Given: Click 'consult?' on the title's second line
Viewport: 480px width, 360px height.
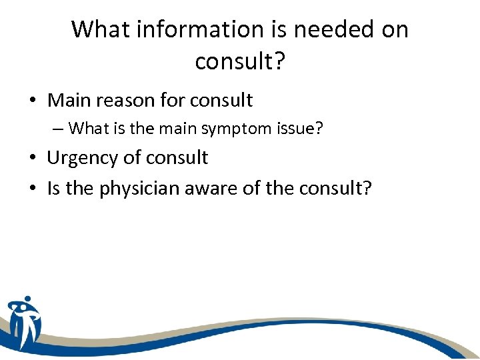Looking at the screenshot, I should coord(239,61).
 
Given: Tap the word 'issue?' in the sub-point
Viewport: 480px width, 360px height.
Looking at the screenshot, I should coord(301,128).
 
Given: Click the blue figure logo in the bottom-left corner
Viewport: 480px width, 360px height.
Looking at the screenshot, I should coord(24,323).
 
